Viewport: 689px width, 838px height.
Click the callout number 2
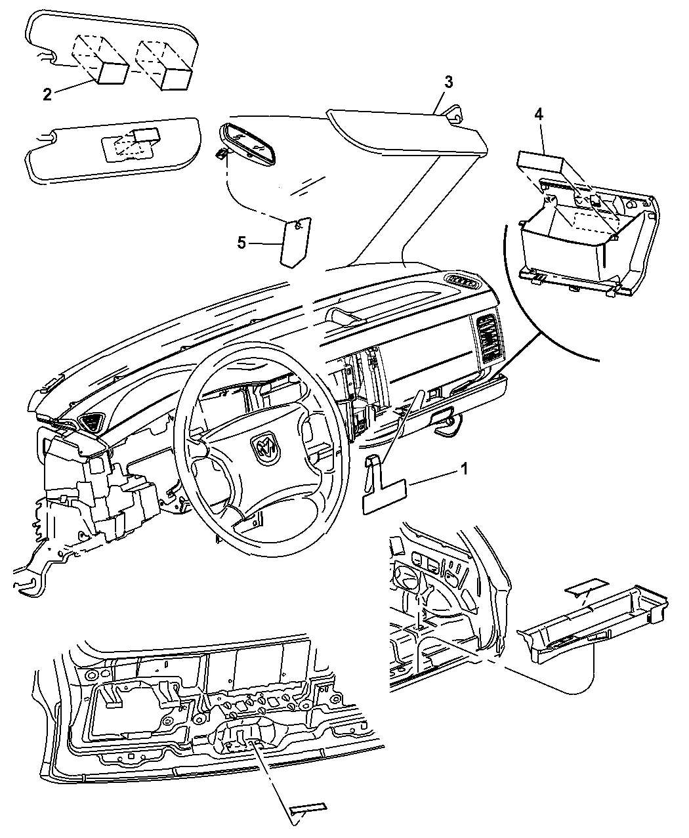pyautogui.click(x=47, y=94)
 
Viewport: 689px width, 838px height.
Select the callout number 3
pyautogui.click(x=448, y=82)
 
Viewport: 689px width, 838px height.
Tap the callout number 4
pyautogui.click(x=538, y=114)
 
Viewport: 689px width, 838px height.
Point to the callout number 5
pyautogui.click(x=241, y=243)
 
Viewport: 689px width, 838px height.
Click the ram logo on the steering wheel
pyautogui.click(x=266, y=449)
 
